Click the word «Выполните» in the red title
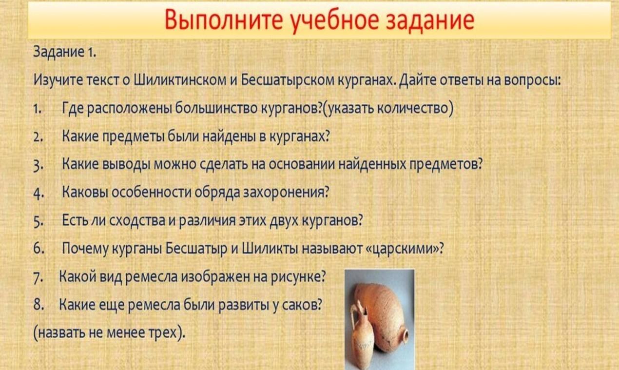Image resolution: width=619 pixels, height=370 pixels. point(224,20)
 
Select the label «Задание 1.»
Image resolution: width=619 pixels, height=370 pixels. point(65,52)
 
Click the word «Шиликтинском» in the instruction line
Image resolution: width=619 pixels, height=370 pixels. point(180,80)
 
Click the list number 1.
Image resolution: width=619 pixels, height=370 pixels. point(38,109)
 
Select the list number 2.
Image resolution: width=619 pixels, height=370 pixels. point(38,137)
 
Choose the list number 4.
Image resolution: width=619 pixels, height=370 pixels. point(39,193)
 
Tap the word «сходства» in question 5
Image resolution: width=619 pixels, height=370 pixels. point(137,220)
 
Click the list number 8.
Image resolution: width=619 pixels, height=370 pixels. point(39,305)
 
